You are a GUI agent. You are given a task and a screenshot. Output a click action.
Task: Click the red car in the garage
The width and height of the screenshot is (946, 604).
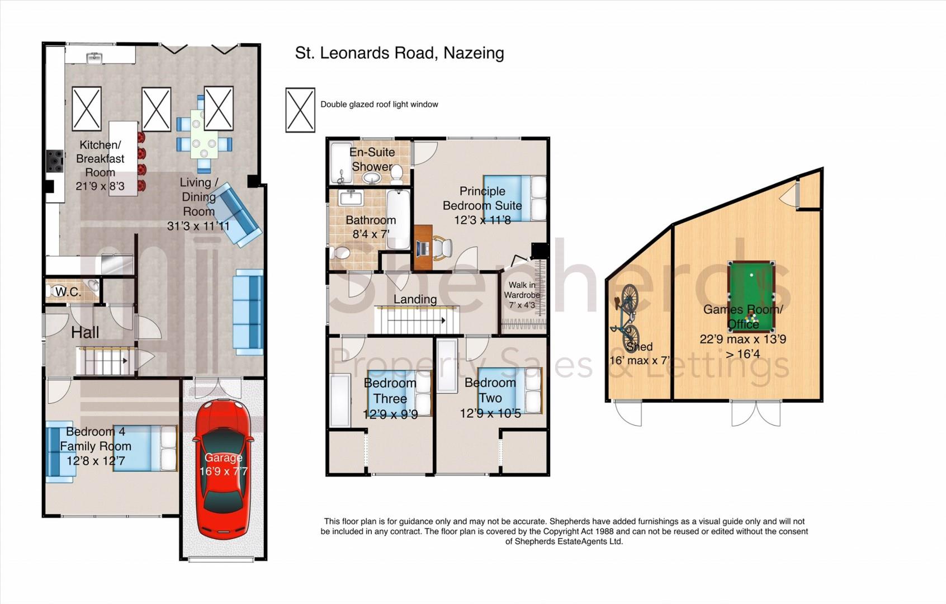(x=224, y=469)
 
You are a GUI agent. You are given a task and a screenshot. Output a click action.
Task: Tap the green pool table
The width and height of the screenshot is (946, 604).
(x=751, y=296)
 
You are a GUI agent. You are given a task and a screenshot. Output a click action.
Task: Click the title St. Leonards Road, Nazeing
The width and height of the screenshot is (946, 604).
(x=400, y=53)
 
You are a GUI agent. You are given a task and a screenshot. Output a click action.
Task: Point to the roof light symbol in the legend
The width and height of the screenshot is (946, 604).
(x=300, y=110)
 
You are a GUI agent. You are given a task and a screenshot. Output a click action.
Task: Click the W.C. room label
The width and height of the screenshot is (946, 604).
(x=68, y=292)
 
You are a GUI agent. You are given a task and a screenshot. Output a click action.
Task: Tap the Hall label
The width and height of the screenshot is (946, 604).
(x=85, y=332)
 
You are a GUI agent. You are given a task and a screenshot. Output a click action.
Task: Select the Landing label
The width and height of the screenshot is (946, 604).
(x=415, y=299)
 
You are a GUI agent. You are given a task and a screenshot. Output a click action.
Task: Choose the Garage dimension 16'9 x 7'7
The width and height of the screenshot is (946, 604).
(x=224, y=471)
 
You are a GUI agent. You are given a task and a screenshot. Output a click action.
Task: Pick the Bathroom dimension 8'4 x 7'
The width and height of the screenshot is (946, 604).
(x=371, y=234)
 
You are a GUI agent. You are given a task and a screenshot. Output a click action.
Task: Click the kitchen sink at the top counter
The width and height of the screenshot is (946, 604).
(x=94, y=58)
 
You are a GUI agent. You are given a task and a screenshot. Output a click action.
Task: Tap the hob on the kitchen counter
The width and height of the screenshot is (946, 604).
(x=54, y=161)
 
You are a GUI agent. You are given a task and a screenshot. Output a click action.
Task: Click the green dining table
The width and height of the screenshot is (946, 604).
(x=204, y=134)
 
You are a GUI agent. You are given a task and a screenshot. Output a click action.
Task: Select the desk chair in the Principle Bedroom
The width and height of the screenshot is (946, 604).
(x=442, y=247)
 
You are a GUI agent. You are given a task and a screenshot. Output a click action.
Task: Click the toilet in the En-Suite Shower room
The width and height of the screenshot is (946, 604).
(x=396, y=174)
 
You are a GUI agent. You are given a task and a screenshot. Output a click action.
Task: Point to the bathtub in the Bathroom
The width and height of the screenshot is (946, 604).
(x=398, y=219)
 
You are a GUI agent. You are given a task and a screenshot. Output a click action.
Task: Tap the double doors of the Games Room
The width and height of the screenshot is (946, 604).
(x=756, y=413)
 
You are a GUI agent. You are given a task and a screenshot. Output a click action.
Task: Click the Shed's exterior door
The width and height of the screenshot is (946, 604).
(x=628, y=413)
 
